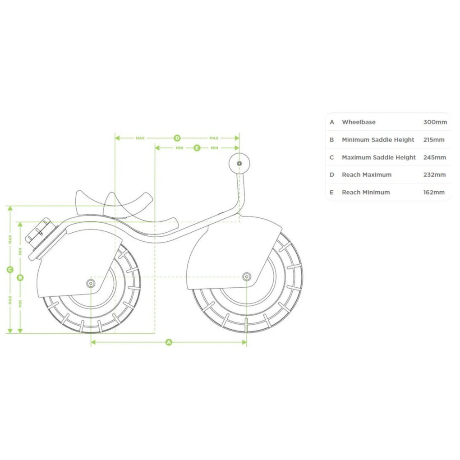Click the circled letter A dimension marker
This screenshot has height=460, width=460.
pos(169,342)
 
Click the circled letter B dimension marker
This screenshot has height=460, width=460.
pos(20,277)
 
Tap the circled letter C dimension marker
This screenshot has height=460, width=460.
pos(10,269)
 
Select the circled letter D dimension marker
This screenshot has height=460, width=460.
pos(177,138)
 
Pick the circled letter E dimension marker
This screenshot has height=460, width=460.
pos(197,148)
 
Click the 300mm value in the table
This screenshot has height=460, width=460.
pos(435,122)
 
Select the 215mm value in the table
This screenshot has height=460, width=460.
pos(434,140)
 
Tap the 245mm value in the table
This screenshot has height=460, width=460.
pos(434,157)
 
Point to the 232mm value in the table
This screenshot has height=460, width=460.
pos(434,175)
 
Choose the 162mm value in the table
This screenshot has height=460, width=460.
pos(434,193)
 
